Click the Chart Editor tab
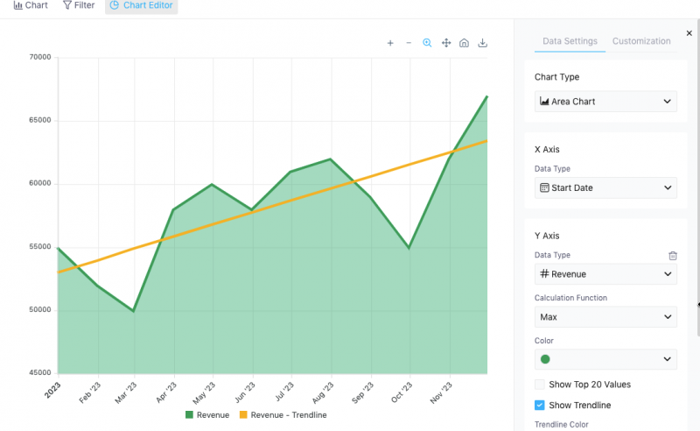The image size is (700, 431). (x=141, y=5)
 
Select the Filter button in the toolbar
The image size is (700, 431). (x=79, y=5)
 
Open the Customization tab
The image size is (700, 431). (x=641, y=41)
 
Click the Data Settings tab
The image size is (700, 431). (x=570, y=41)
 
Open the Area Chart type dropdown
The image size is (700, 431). (x=605, y=102)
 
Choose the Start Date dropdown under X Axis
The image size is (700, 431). (x=605, y=187)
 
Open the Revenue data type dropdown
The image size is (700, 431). (x=605, y=274)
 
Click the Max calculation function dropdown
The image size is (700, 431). (x=605, y=317)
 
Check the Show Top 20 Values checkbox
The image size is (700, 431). (x=540, y=385)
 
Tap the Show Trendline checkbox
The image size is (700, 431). (x=540, y=406)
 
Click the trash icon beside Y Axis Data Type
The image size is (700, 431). (x=673, y=256)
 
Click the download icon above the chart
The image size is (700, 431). (x=483, y=43)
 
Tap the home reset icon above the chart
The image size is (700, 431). (x=465, y=43)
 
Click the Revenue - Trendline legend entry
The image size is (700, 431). (x=283, y=415)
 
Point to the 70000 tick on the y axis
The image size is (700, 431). (x=40, y=58)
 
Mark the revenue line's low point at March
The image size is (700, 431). (x=134, y=310)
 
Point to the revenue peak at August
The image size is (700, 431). (x=330, y=159)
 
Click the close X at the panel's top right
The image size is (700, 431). (x=689, y=33)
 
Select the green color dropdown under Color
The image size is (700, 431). (x=605, y=359)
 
